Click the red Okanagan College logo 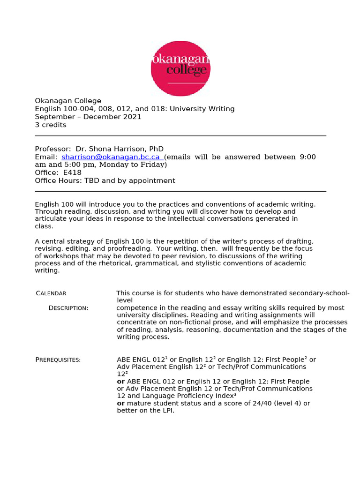pos(180,68)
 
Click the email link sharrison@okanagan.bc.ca pos(111,157)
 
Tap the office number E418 pos(72,172)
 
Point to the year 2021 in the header pos(132,117)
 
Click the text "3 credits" pos(51,125)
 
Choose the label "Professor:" pos(53,149)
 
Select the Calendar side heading pos(51,293)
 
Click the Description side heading pos(68,308)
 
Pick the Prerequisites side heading pos(58,360)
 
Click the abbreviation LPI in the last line pos(167,411)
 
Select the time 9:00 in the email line pos(307,157)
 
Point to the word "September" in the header pos(52,117)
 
